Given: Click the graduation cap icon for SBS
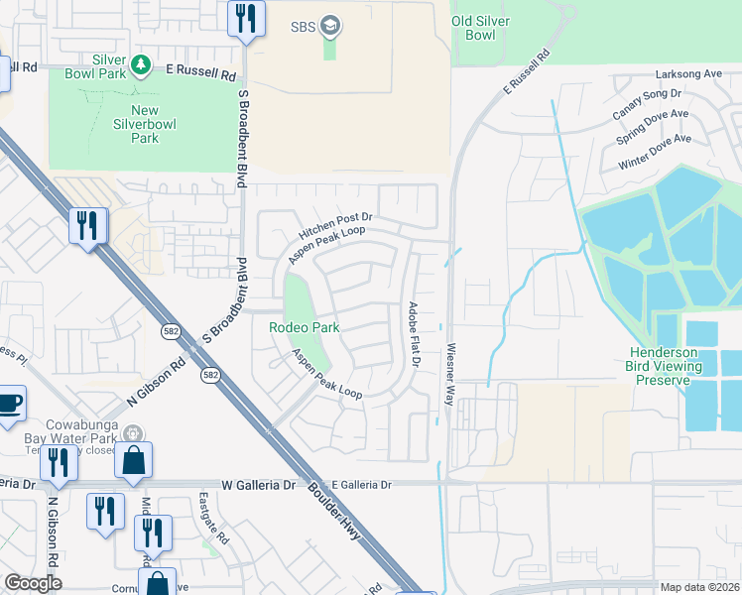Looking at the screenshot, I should (x=330, y=26).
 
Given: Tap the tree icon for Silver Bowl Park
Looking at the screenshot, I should (x=141, y=65).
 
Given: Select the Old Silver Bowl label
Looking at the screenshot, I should (x=487, y=27).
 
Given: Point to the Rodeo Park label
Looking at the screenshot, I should (x=305, y=327).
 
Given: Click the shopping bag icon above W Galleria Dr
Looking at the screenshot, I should (x=133, y=460).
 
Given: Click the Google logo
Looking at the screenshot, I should (x=33, y=583).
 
